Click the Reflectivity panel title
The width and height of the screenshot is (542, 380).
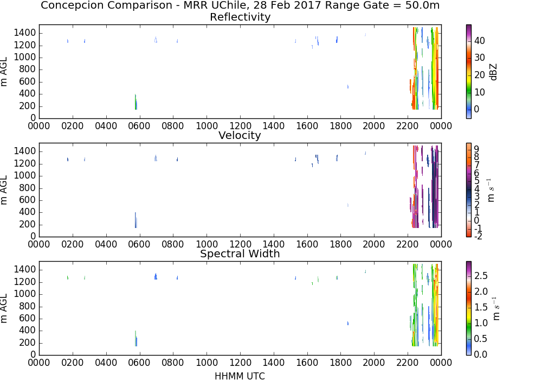[240, 17]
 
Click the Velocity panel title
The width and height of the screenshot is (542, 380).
[240, 135]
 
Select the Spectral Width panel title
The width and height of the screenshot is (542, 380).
[240, 254]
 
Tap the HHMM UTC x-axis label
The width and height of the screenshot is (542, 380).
[240, 376]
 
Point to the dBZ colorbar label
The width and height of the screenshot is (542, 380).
[493, 72]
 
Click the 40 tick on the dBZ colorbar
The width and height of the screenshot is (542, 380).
[480, 41]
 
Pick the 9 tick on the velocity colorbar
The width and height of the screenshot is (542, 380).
[476, 149]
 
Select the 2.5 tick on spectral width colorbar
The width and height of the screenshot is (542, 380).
[481, 275]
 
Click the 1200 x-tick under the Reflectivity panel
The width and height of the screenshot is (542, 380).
[240, 125]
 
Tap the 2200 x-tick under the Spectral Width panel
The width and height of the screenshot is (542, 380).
[408, 362]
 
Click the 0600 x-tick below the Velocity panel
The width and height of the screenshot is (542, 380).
[139, 244]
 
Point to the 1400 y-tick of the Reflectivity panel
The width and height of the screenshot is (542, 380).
[25, 33]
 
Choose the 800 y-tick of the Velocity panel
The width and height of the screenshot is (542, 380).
[28, 188]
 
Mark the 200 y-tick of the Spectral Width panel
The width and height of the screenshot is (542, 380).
[28, 343]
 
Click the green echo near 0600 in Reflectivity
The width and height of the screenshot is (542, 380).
[136, 102]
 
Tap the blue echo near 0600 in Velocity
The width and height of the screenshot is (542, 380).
[136, 220]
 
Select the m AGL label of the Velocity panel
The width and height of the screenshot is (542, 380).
[4, 189]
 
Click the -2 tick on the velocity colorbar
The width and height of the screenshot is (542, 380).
[478, 236]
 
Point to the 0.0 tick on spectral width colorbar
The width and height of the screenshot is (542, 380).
[481, 354]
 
